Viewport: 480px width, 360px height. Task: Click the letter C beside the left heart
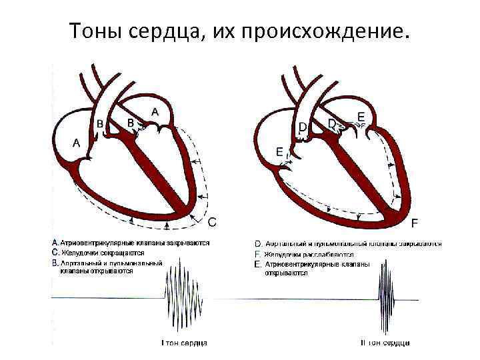pos(212,221)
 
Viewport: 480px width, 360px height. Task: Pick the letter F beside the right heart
pos(415,222)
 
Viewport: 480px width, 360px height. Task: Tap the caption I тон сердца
pos(185,343)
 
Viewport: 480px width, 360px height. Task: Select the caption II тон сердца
pos(385,343)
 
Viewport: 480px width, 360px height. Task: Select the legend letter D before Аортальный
pos(259,244)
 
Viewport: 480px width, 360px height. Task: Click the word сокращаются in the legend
pos(124,253)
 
